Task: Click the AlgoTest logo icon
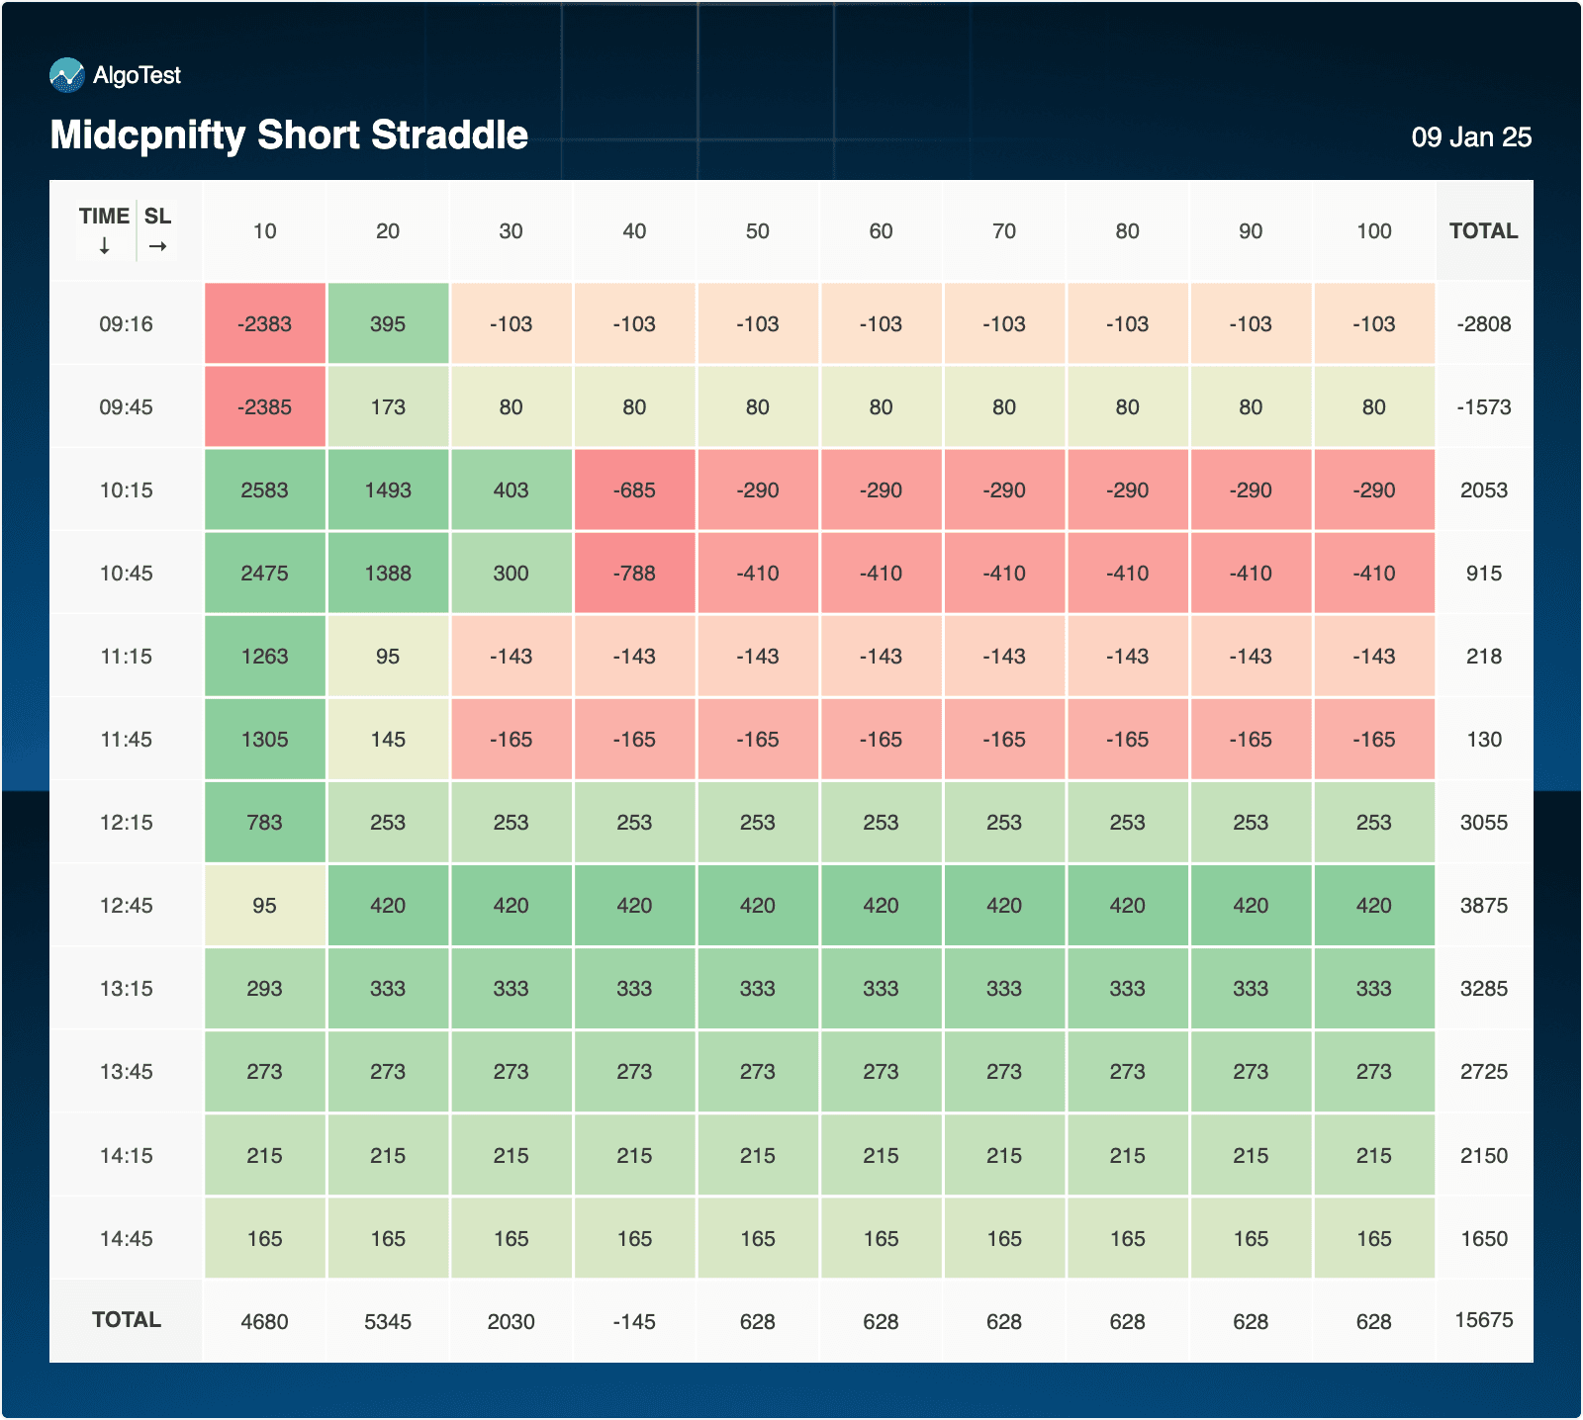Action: (x=67, y=75)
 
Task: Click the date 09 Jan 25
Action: (x=1471, y=137)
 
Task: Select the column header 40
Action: (x=634, y=231)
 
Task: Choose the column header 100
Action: (x=1373, y=231)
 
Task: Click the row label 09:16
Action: (x=126, y=324)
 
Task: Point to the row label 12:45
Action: (x=126, y=906)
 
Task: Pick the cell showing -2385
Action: (x=264, y=407)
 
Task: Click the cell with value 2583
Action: (x=264, y=490)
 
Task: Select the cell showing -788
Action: (x=634, y=574)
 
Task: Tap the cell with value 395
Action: (x=388, y=324)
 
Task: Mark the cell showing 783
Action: (x=264, y=823)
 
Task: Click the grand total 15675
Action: (x=1483, y=1320)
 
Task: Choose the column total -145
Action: (x=634, y=1322)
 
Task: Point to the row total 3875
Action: (x=1483, y=906)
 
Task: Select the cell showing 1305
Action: (x=264, y=740)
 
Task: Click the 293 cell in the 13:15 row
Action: (x=264, y=989)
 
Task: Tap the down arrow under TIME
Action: (x=105, y=246)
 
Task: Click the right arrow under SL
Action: (x=157, y=246)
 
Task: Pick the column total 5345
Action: (x=388, y=1322)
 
